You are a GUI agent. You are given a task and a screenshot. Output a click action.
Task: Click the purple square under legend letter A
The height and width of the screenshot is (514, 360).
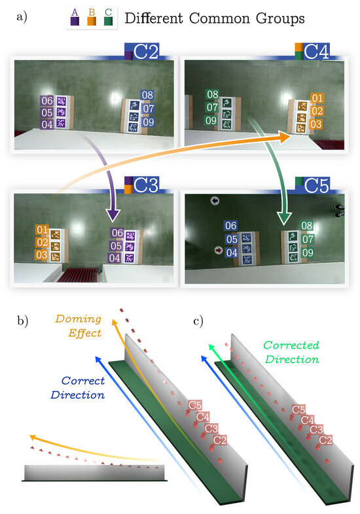tap(75, 21)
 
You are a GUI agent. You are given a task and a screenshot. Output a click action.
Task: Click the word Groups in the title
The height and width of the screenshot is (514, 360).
tap(273, 18)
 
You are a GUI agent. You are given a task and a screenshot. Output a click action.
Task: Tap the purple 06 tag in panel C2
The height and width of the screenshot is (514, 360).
tap(47, 101)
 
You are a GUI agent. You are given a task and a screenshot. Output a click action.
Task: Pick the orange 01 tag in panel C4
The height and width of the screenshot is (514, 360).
tap(317, 99)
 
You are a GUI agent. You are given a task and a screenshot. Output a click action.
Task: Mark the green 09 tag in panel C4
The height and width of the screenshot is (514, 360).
tap(211, 120)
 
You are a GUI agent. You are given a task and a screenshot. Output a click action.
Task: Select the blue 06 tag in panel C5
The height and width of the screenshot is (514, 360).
tap(230, 226)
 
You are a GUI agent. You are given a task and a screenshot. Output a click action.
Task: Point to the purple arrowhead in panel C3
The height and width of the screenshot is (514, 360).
tap(112, 215)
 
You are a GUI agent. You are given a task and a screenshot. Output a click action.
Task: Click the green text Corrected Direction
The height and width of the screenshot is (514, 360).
tap(291, 351)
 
